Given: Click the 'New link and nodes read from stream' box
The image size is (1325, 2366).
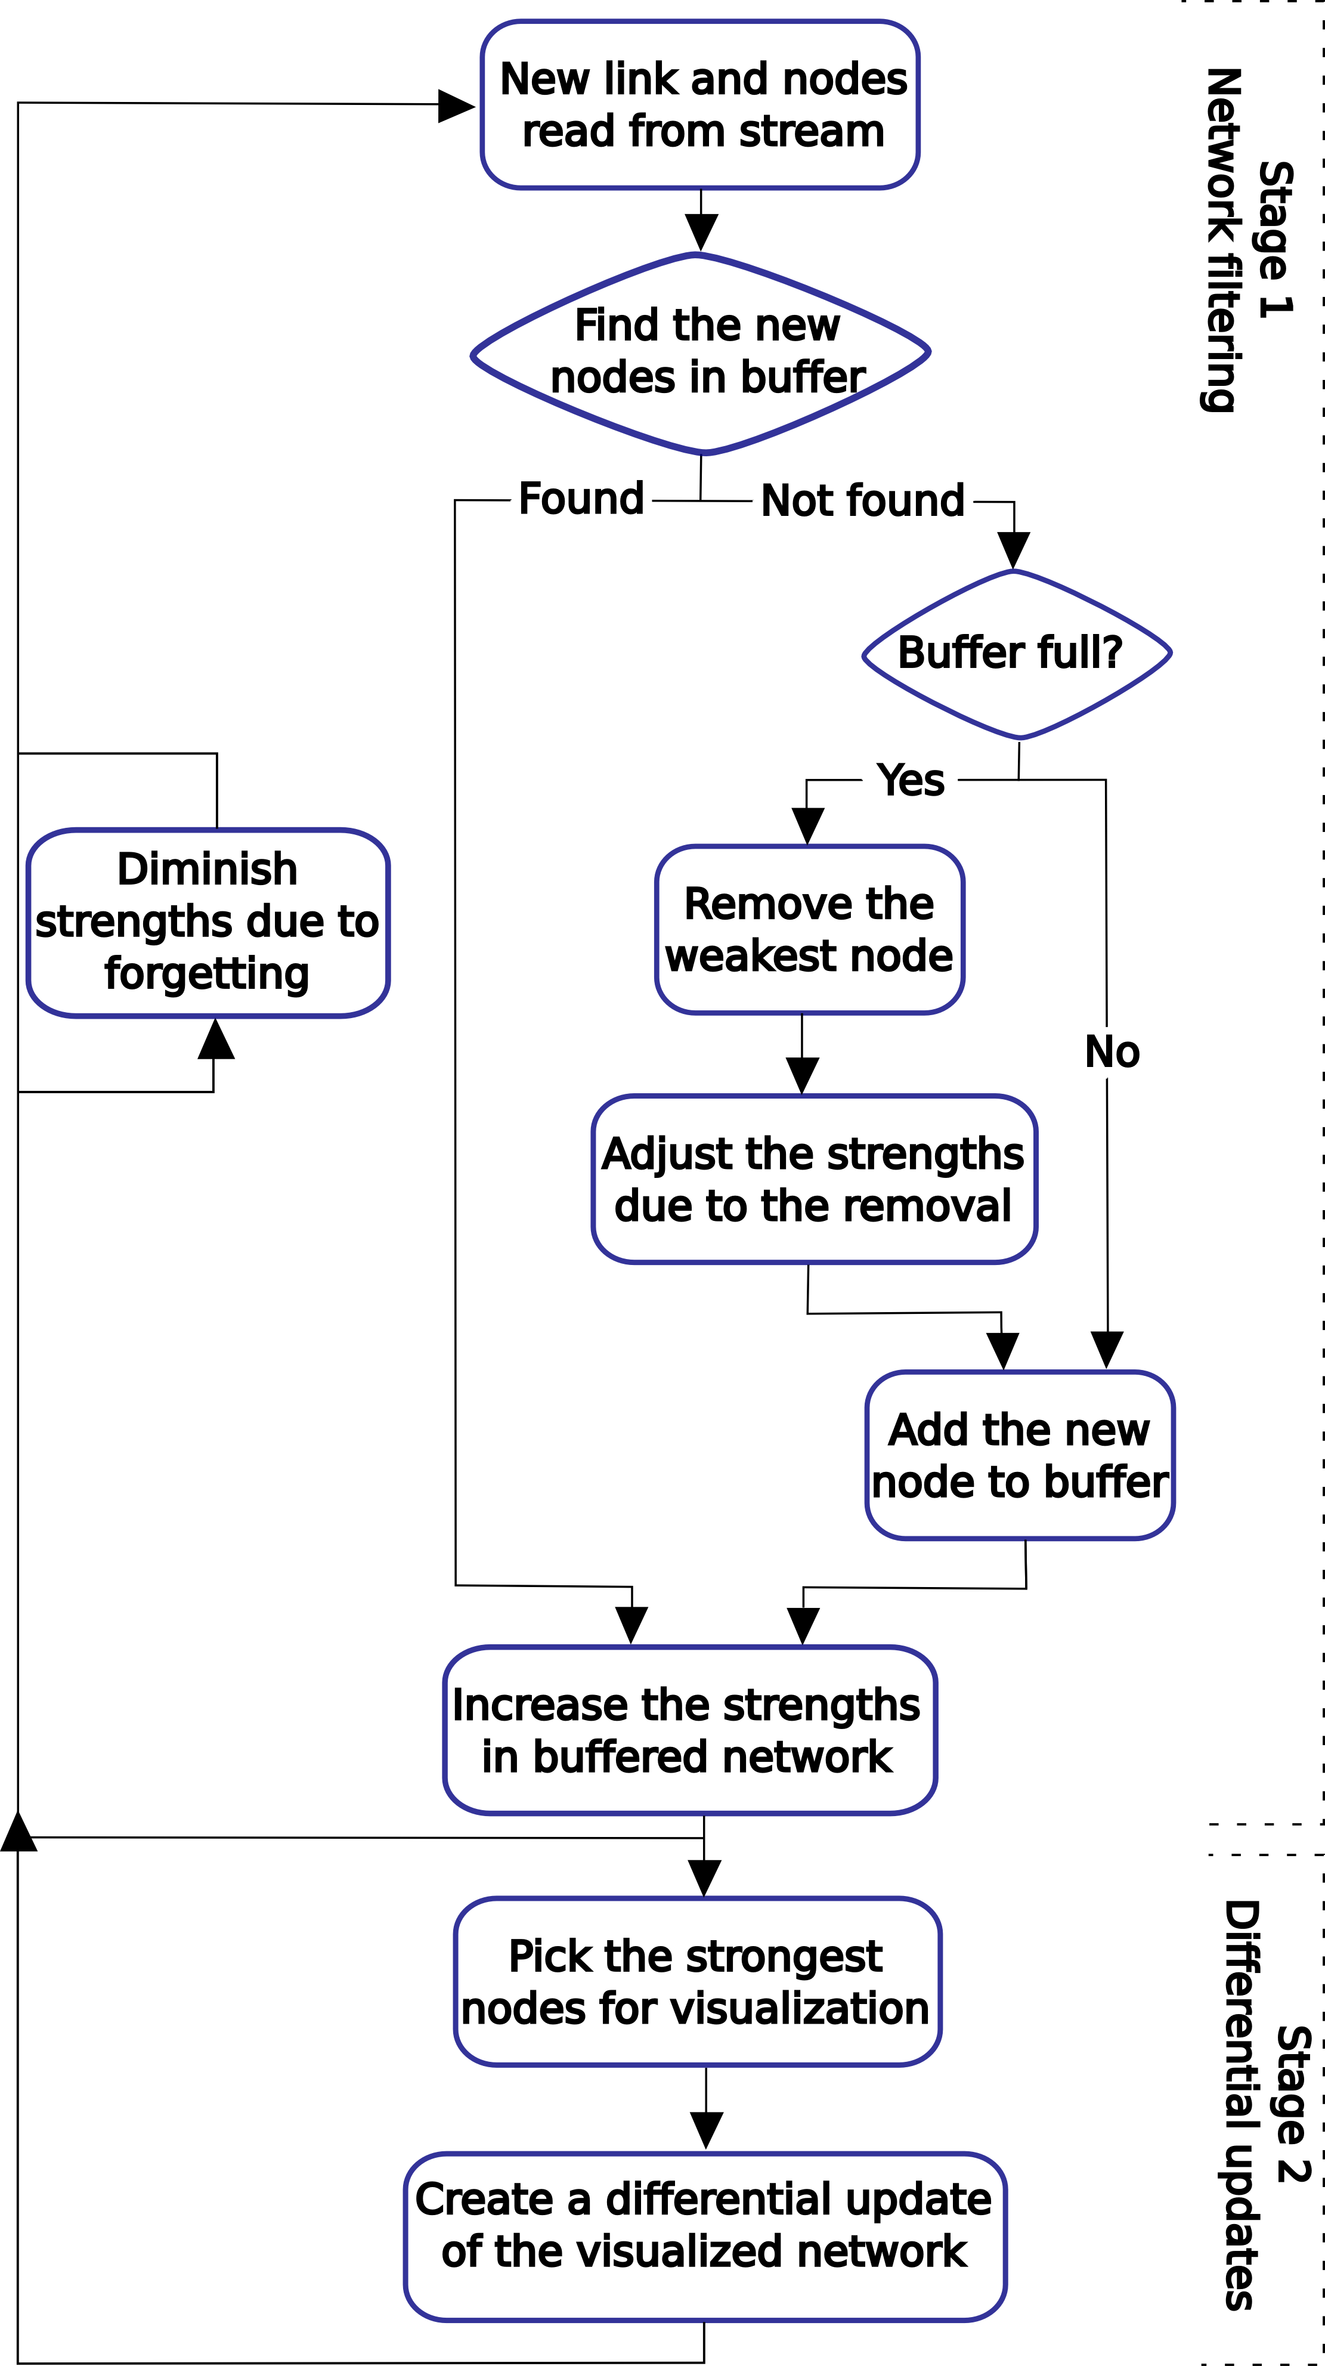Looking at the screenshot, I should tap(699, 105).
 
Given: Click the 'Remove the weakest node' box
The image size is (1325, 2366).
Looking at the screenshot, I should tap(809, 929).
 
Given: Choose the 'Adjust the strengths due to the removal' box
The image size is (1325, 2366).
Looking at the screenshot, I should tap(813, 1179).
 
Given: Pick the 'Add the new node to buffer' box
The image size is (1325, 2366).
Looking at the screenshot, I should tap(1019, 1456).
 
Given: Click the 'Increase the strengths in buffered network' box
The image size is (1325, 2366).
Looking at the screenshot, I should tap(689, 1730).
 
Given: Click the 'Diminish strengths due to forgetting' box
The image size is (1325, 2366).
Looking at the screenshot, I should tap(208, 922).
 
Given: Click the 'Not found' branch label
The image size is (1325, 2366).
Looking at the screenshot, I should tap(862, 502).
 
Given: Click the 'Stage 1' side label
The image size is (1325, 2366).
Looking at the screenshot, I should tap(1276, 240).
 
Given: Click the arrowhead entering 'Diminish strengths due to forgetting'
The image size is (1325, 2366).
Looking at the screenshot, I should tap(216, 1040).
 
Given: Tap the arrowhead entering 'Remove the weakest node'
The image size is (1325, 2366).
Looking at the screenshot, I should tap(807, 825).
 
